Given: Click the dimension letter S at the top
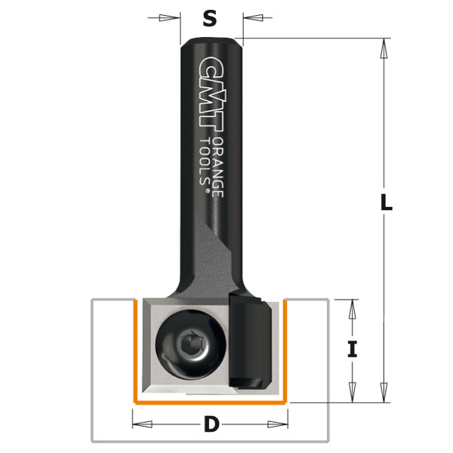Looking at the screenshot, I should (211, 19).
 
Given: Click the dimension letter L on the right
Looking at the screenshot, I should (385, 202).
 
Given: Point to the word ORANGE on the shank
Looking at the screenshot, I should (217, 167).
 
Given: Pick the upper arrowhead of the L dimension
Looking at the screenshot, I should (384, 49).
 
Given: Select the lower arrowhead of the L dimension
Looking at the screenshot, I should (384, 392).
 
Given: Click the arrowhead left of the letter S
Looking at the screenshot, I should (174, 19).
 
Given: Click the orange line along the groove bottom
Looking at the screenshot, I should (211, 402).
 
